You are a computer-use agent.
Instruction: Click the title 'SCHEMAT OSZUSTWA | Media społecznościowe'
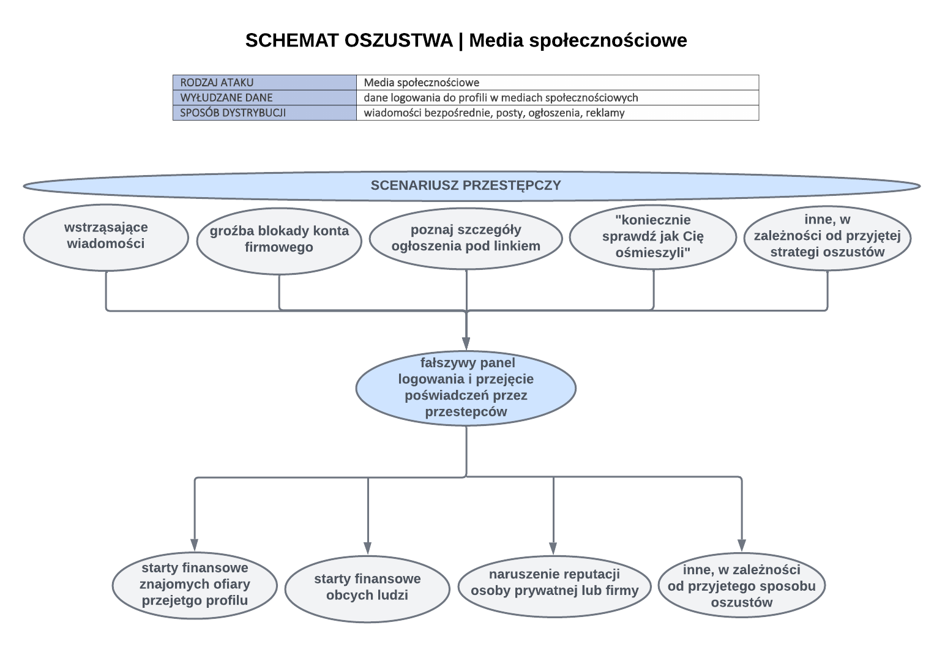click(466, 40)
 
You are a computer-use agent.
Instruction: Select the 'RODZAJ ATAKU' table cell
click(264, 83)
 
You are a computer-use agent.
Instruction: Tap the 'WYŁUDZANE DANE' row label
click(264, 97)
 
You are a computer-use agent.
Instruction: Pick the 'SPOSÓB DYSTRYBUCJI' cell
click(264, 113)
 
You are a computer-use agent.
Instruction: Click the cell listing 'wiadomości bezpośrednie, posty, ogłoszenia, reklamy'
click(557, 113)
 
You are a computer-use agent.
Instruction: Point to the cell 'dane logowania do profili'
click(557, 97)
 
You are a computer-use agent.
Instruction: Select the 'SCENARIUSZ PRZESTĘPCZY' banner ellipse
click(471, 185)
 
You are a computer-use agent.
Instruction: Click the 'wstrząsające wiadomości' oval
click(106, 237)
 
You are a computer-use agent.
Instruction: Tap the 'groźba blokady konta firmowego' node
click(279, 240)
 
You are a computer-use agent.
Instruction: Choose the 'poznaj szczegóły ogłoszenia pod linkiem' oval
click(466, 238)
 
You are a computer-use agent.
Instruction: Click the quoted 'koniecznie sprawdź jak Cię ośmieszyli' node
click(652, 237)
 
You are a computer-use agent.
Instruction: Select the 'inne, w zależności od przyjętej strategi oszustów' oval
click(827, 237)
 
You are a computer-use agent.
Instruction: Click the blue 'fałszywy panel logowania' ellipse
click(466, 388)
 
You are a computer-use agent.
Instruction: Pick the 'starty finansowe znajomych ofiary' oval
click(195, 585)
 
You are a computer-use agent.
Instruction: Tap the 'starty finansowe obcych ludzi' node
click(367, 587)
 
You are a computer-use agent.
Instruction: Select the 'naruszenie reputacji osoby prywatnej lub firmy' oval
click(554, 583)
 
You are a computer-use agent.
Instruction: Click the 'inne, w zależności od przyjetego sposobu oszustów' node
click(741, 586)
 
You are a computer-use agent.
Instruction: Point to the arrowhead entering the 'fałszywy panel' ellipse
click(466, 343)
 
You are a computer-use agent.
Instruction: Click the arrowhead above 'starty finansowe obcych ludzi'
click(368, 548)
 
